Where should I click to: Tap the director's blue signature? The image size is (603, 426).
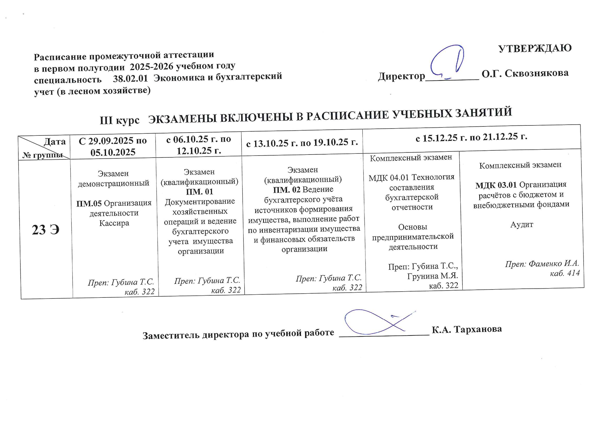click(x=446, y=63)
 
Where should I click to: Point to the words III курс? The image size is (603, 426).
click(x=119, y=120)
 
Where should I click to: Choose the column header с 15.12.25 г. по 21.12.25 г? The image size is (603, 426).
click(x=471, y=137)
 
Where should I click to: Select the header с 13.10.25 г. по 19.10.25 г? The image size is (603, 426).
click(x=302, y=142)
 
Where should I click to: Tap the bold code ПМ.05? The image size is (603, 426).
click(x=89, y=203)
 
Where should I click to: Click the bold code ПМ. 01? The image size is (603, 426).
click(x=200, y=192)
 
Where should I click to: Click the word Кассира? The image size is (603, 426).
click(x=114, y=223)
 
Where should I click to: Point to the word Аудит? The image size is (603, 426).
click(x=521, y=225)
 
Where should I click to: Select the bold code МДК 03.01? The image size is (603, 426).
click(x=496, y=185)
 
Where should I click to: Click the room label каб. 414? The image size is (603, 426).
click(x=565, y=273)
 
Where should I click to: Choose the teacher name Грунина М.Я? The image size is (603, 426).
click(x=433, y=276)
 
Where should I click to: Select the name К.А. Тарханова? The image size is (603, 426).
click(x=467, y=329)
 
